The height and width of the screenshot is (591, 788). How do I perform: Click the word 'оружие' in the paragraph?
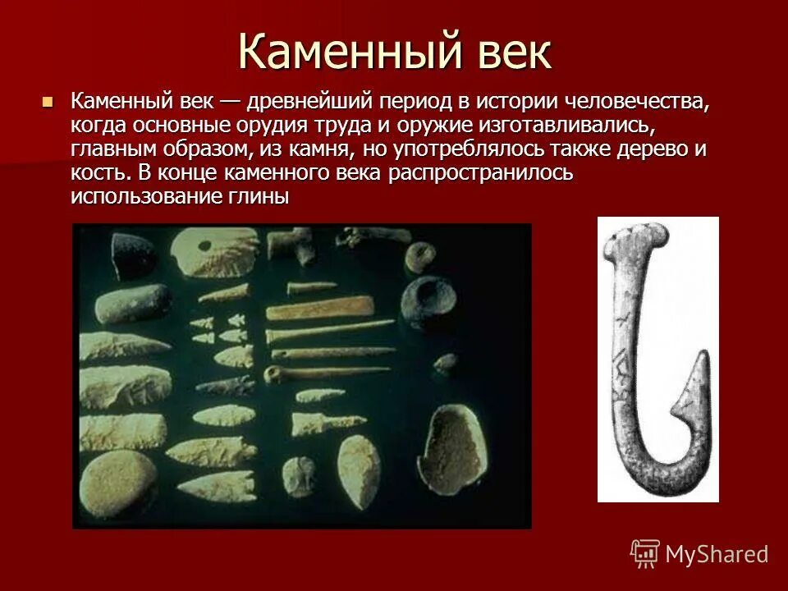coord(437,126)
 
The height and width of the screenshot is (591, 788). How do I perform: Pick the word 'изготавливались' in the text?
coord(571,126)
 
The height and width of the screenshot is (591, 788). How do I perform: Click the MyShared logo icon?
coord(645,555)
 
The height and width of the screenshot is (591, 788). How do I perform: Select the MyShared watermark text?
coord(717,555)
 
